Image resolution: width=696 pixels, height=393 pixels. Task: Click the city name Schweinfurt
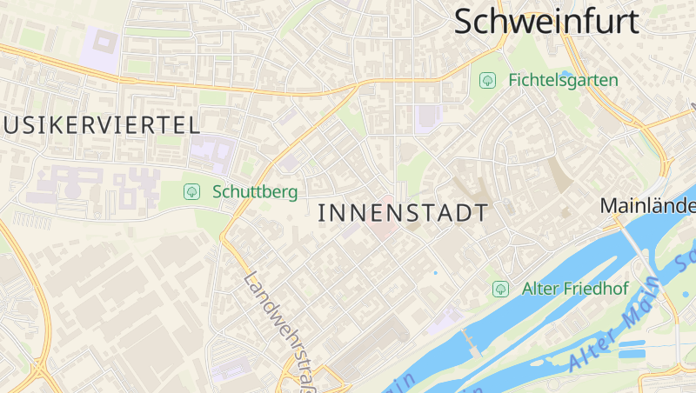546,21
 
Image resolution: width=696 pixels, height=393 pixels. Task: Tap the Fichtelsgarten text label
563,80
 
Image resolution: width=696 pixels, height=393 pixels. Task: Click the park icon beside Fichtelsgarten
487,80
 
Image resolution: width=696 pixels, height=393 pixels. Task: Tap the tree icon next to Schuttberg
191,191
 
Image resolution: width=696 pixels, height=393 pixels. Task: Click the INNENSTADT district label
403,212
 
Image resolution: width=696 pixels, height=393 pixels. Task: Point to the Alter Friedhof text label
575,289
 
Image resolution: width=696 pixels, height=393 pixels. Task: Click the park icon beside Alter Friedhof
500,289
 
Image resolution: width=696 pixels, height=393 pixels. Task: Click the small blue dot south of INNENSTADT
436,273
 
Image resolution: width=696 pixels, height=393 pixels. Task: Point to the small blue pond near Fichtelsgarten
567,73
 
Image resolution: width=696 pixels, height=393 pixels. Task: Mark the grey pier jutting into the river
471,342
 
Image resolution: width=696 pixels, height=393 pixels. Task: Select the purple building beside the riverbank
448,318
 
